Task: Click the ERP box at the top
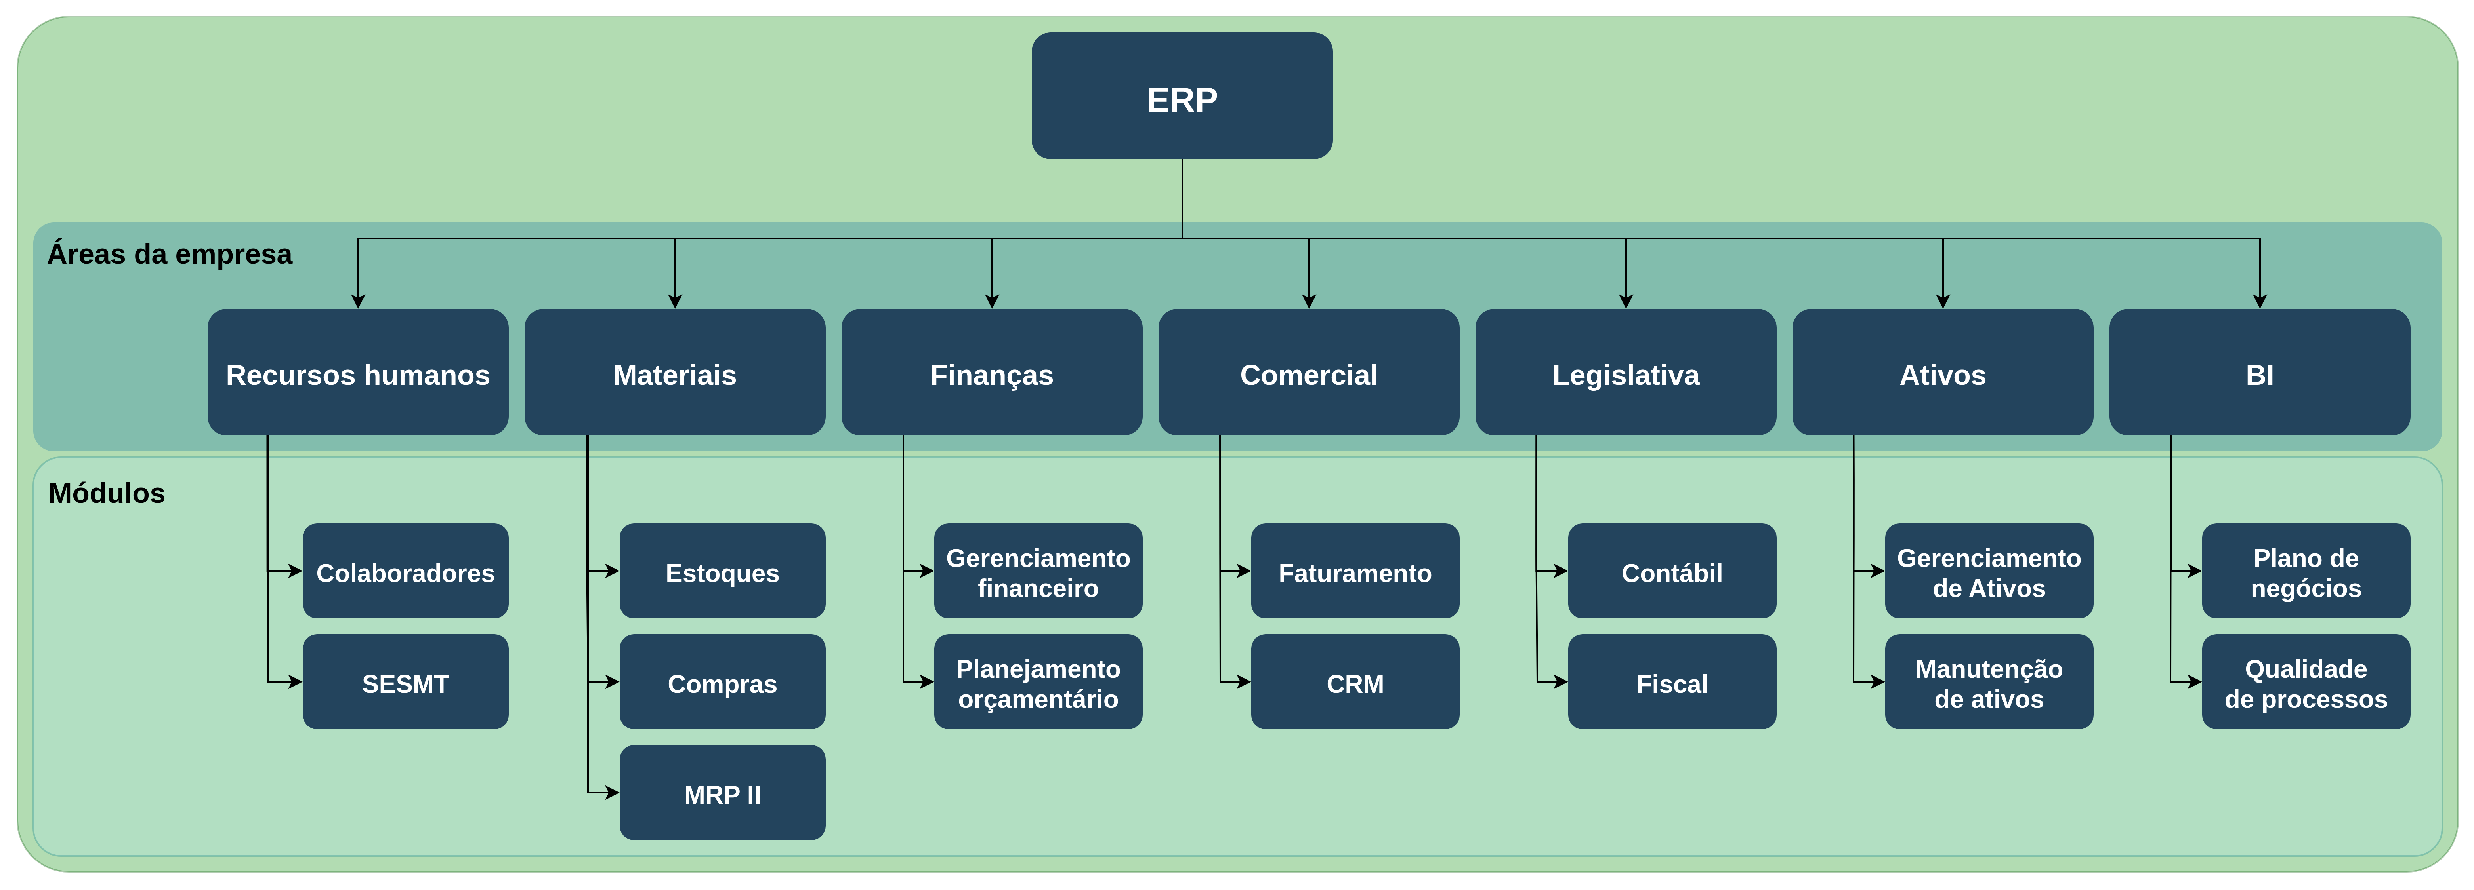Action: (1181, 96)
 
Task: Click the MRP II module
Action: (722, 793)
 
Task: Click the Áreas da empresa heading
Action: (169, 255)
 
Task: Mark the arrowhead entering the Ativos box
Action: (1943, 301)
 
